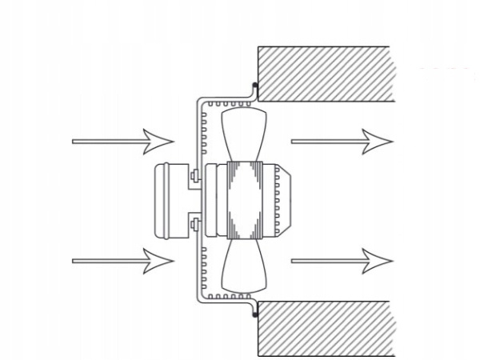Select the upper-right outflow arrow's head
click(381, 141)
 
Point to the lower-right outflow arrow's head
click(381, 259)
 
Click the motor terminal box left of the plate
click(170, 200)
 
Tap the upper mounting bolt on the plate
click(195, 176)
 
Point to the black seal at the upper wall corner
click(255, 83)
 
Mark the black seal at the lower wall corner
click(255, 316)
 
